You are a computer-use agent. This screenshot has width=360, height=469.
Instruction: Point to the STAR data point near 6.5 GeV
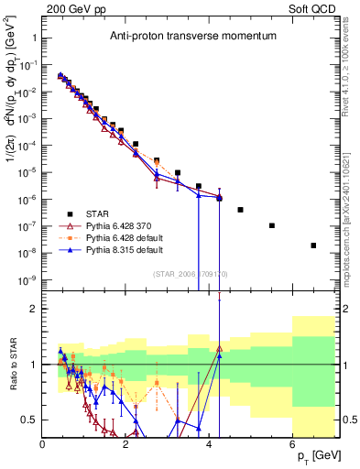pos(313,245)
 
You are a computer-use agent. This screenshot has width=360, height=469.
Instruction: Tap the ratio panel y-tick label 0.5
pos(29,420)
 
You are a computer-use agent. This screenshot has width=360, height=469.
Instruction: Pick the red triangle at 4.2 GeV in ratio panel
pos(219,348)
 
